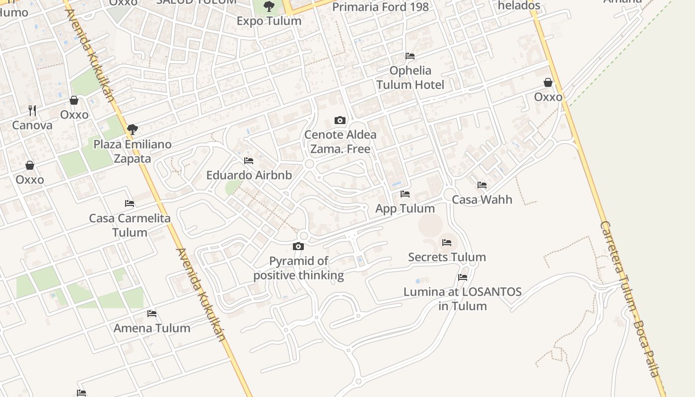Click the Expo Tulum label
click(x=269, y=21)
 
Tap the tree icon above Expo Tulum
click(x=269, y=6)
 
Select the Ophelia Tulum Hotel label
click(x=410, y=77)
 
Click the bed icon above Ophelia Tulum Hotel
click(x=410, y=56)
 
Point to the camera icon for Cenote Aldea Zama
click(x=340, y=120)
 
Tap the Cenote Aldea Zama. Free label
click(x=340, y=141)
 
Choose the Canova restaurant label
click(x=32, y=125)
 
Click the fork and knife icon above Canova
click(x=32, y=110)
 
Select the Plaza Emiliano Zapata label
click(x=133, y=151)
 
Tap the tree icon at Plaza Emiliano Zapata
click(x=132, y=130)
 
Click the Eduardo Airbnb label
click(x=249, y=175)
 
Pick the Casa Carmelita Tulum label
click(x=130, y=225)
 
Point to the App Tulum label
click(x=405, y=208)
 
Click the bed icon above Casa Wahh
click(x=482, y=185)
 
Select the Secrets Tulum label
click(x=447, y=257)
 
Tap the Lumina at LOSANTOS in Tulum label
click(x=463, y=299)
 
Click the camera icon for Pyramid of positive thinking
click(x=298, y=246)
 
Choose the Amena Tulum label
click(x=152, y=328)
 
